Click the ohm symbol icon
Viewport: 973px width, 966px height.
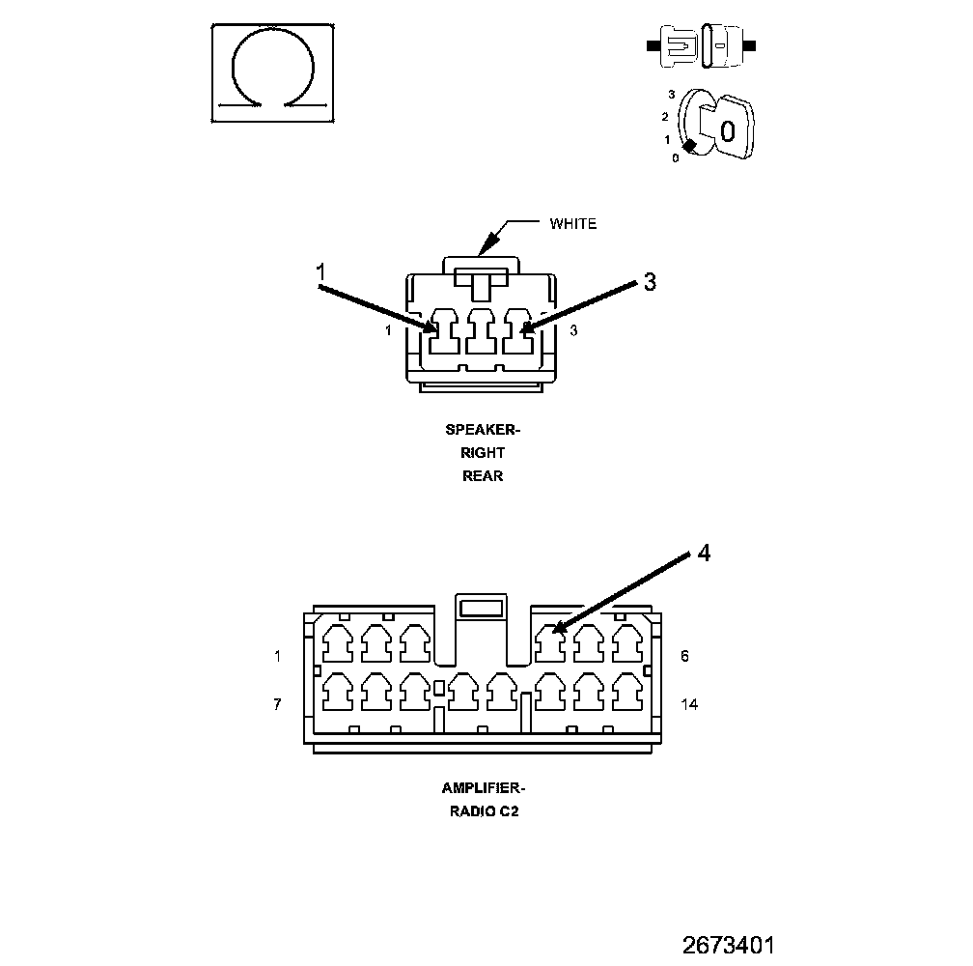tap(273, 72)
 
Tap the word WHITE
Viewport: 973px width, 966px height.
tap(573, 224)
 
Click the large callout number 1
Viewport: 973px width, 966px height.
tap(322, 273)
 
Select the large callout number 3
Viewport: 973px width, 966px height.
tap(650, 281)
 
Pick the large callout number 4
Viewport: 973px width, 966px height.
tap(705, 553)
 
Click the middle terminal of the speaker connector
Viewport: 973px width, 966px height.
tap(480, 332)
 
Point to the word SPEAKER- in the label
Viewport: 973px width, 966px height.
tap(483, 430)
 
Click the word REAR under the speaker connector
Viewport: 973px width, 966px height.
tap(483, 475)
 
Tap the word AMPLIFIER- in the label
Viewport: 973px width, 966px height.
tap(484, 787)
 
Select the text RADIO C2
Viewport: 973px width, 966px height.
tap(484, 810)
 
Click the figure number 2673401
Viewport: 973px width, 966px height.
tap(729, 944)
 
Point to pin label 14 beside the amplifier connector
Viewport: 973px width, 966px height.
tap(689, 704)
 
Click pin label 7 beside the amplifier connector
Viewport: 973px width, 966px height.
tap(277, 704)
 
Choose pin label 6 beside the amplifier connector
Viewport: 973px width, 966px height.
tap(684, 656)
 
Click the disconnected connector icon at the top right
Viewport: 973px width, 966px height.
tap(702, 46)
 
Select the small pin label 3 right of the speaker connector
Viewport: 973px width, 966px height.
tap(573, 330)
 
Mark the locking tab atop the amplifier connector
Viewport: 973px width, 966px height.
tap(480, 608)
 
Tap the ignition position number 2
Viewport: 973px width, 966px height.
tap(664, 117)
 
